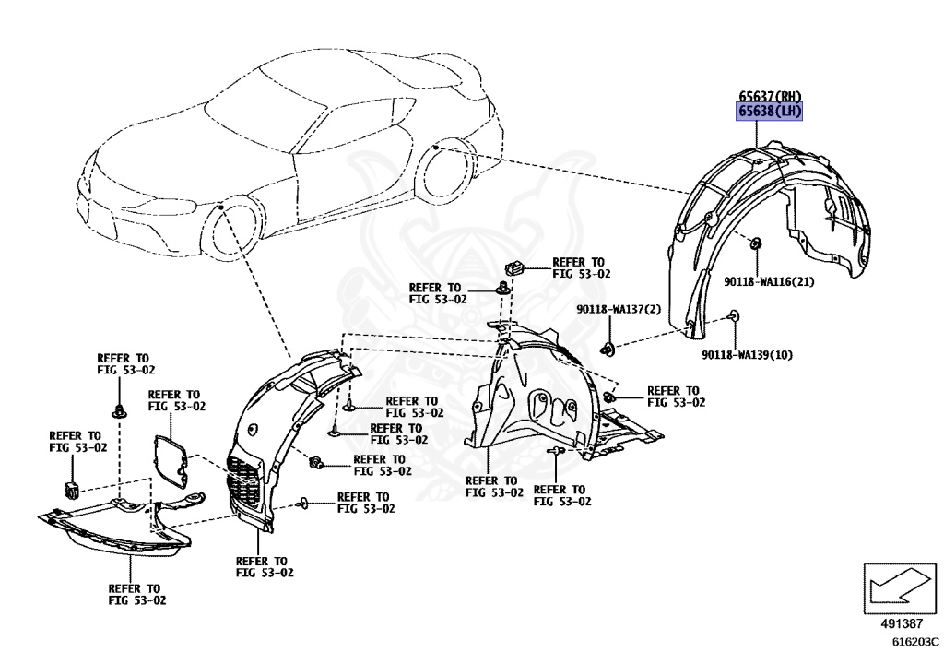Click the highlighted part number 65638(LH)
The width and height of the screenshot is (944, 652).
769,112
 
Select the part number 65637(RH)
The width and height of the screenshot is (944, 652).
769,96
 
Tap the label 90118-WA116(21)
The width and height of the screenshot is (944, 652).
769,281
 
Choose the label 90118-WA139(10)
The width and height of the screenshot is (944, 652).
747,355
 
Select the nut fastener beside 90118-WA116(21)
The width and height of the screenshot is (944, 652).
755,244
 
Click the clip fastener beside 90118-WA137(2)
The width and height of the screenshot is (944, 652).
608,349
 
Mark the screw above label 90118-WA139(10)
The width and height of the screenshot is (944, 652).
734,316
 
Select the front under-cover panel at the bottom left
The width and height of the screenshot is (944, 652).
111,530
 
